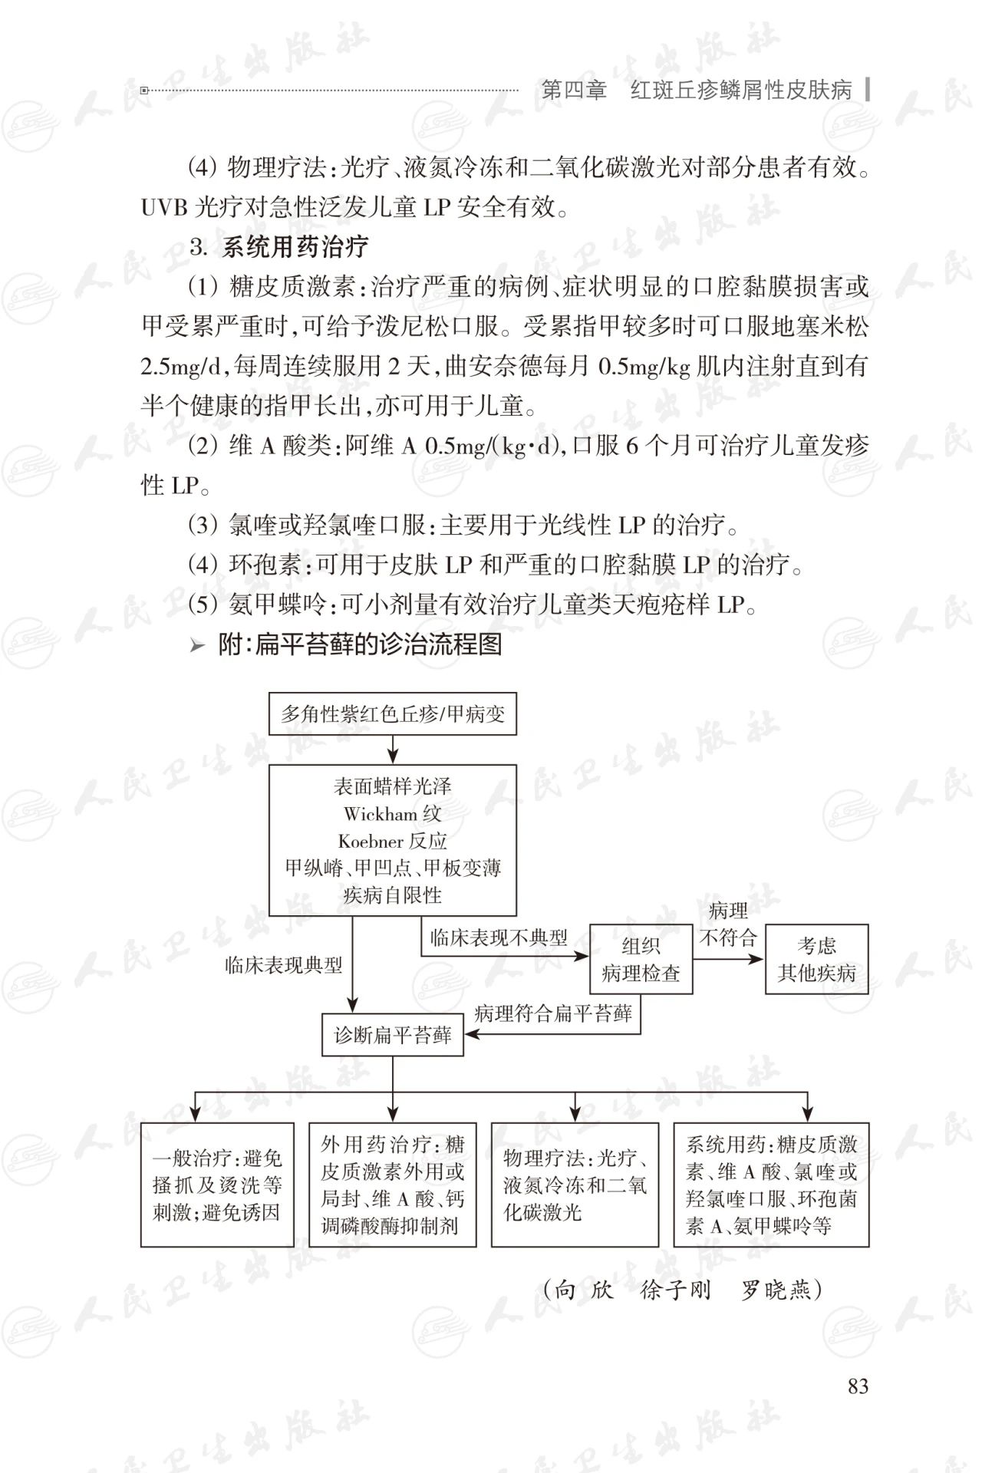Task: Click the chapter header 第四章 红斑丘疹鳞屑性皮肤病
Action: click(x=696, y=91)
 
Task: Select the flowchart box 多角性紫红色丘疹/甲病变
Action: click(x=392, y=714)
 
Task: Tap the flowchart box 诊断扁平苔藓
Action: click(x=392, y=1036)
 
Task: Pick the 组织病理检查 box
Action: click(x=641, y=960)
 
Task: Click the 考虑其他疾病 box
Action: click(x=816, y=960)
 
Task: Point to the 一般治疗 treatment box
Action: click(x=217, y=1185)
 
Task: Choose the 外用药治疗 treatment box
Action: click(x=392, y=1185)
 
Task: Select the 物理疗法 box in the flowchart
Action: click(x=575, y=1185)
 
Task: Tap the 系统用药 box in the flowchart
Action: click(x=771, y=1185)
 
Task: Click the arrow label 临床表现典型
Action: click(x=284, y=965)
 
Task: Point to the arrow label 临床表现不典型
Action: click(x=499, y=938)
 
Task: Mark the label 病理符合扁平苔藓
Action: click(x=552, y=1013)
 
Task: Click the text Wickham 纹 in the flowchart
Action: click(x=392, y=813)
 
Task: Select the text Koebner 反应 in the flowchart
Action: click(x=392, y=841)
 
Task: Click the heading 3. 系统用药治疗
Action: click(x=279, y=247)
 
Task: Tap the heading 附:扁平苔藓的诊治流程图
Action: click(x=359, y=644)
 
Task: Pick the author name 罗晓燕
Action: click(x=776, y=1290)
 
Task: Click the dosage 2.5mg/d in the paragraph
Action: click(x=181, y=367)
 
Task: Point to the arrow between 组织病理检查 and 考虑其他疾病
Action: click(x=729, y=959)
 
